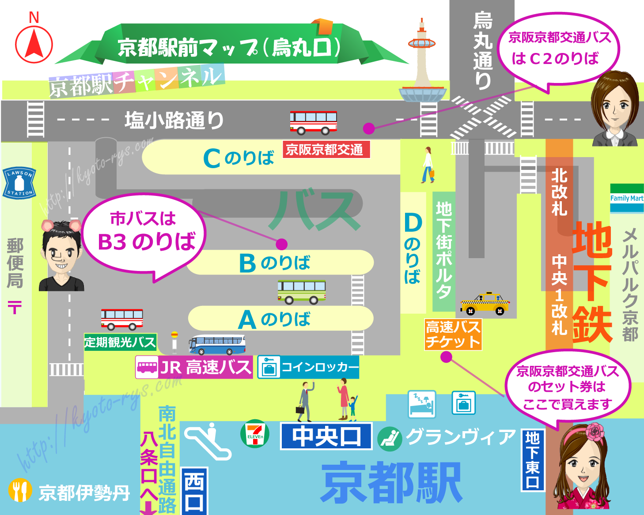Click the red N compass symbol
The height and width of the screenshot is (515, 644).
click(x=34, y=44)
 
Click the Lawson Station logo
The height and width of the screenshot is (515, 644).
click(x=19, y=183)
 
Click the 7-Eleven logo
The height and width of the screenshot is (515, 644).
click(x=255, y=433)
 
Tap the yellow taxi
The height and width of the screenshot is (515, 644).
click(x=485, y=304)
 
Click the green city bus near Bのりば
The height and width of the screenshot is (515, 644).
click(x=302, y=292)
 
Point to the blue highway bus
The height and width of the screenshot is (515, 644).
click(x=217, y=345)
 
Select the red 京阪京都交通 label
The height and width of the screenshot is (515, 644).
click(x=326, y=150)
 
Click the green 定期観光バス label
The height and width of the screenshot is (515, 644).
click(x=120, y=342)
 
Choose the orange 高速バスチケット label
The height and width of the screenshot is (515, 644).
click(x=453, y=335)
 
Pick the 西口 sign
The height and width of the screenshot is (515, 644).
click(x=194, y=491)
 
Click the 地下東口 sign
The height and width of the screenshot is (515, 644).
click(x=533, y=460)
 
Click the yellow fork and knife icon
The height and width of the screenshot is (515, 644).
click(x=20, y=490)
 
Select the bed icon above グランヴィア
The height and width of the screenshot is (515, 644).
click(x=421, y=403)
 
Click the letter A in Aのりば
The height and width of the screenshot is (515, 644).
click(x=247, y=320)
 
